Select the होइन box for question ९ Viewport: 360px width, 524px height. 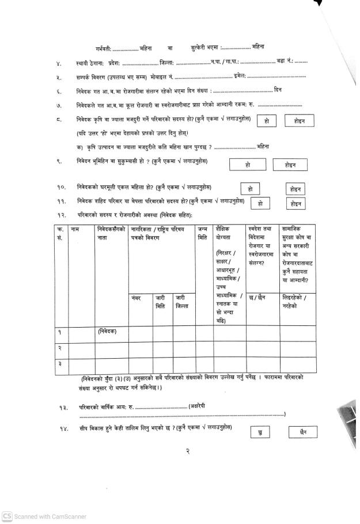point(290,165)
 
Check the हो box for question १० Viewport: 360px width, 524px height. point(250,189)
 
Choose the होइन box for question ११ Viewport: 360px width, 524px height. point(296,203)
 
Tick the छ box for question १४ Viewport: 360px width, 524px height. point(260,432)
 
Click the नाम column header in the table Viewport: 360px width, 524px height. point(75,230)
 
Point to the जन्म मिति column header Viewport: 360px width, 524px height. point(202,233)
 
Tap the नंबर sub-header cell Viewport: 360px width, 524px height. point(137,298)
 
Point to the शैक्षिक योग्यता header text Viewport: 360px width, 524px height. point(222,233)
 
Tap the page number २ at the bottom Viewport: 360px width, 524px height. point(188,452)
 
